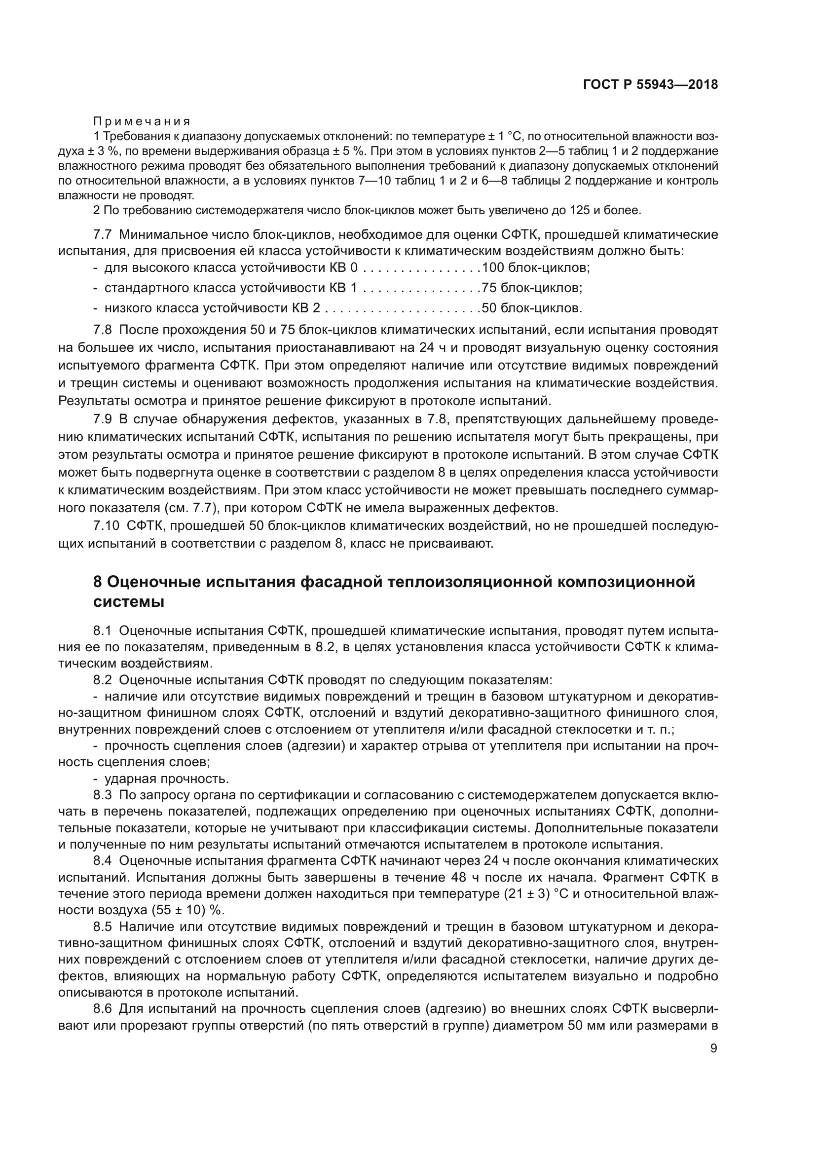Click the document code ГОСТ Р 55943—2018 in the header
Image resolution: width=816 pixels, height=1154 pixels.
point(650,85)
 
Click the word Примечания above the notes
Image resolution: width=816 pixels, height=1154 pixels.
point(142,122)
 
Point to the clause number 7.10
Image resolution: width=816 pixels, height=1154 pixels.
point(106,526)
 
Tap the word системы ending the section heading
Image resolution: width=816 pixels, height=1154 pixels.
point(129,601)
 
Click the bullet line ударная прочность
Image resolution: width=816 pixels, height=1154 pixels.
point(166,779)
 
